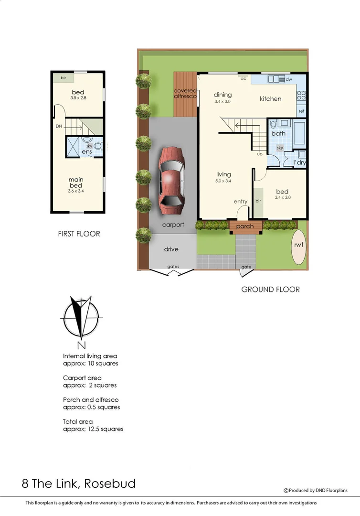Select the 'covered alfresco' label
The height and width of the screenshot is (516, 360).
(x=185, y=94)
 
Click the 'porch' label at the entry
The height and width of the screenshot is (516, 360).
(x=245, y=226)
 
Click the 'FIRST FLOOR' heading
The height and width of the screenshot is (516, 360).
(x=79, y=234)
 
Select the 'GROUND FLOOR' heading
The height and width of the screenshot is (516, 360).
(x=270, y=289)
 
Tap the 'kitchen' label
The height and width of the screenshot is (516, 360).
(x=270, y=99)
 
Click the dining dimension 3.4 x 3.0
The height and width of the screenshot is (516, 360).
(x=222, y=101)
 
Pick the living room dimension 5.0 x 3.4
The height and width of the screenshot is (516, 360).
(x=223, y=181)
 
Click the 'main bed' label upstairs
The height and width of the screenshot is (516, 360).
(x=76, y=183)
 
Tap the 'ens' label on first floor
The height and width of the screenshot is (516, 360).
(x=86, y=152)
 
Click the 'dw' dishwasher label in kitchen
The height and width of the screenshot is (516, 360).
(x=289, y=79)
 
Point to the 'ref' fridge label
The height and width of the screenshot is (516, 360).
(x=301, y=111)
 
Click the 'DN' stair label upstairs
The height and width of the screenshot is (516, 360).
(x=59, y=127)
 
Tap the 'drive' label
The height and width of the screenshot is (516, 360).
(x=171, y=249)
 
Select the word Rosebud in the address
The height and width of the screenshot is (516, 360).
(x=110, y=483)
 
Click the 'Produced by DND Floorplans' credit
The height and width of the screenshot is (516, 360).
(x=315, y=490)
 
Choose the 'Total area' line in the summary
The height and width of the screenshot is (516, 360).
(x=78, y=421)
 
